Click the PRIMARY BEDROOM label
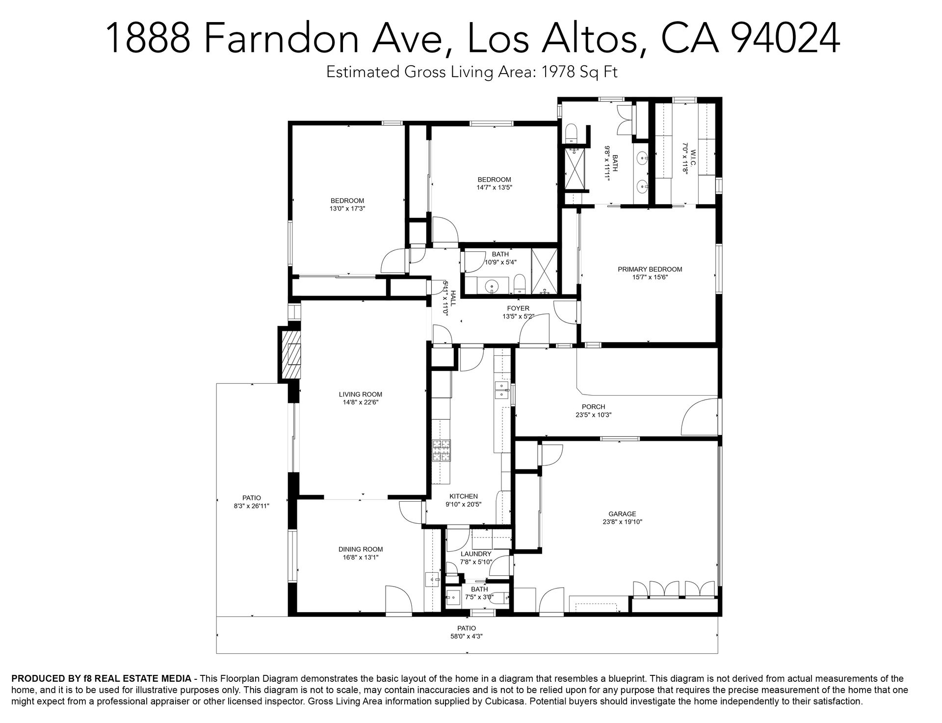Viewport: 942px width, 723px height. tap(650, 269)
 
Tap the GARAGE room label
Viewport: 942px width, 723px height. tap(622, 514)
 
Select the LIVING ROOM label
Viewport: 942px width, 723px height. tap(360, 394)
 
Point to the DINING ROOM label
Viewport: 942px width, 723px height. tap(360, 549)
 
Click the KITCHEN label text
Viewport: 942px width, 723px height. tap(464, 496)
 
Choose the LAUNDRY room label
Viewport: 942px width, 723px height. tap(475, 554)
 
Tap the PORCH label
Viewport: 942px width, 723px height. tap(593, 406)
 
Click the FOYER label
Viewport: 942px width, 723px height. tap(518, 308)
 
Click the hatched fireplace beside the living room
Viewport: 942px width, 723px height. tap(289, 353)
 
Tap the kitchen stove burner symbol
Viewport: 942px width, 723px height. tap(441, 451)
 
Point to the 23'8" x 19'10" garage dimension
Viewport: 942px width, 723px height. tap(622, 522)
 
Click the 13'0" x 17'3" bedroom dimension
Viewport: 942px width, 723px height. tap(347, 208)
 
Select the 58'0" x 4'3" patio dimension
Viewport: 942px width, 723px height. tap(467, 636)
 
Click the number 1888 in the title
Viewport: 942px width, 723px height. tap(148, 38)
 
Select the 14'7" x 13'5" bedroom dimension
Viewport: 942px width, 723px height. tap(494, 187)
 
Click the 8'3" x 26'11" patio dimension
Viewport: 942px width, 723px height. tap(251, 505)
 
